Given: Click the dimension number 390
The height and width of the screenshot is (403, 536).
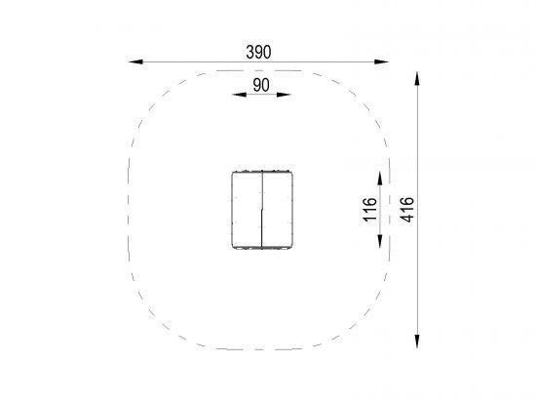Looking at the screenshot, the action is click(258, 52).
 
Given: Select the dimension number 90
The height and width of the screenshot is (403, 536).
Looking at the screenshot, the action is click(261, 85).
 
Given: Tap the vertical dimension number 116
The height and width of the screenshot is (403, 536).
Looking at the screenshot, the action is click(370, 209).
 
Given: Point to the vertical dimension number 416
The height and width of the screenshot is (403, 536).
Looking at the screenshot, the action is click(407, 209).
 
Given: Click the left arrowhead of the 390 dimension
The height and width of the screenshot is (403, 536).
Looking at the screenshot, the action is click(135, 62).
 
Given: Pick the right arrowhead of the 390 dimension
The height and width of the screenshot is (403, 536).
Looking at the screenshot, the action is click(382, 62).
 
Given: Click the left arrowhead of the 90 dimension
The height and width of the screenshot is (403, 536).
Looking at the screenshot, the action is click(239, 95).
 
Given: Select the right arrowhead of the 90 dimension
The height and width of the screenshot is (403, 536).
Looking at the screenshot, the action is click(284, 95).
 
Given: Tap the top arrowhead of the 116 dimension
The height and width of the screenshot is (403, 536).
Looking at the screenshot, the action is click(380, 179).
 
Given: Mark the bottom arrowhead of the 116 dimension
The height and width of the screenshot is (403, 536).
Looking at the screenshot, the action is click(380, 241).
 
